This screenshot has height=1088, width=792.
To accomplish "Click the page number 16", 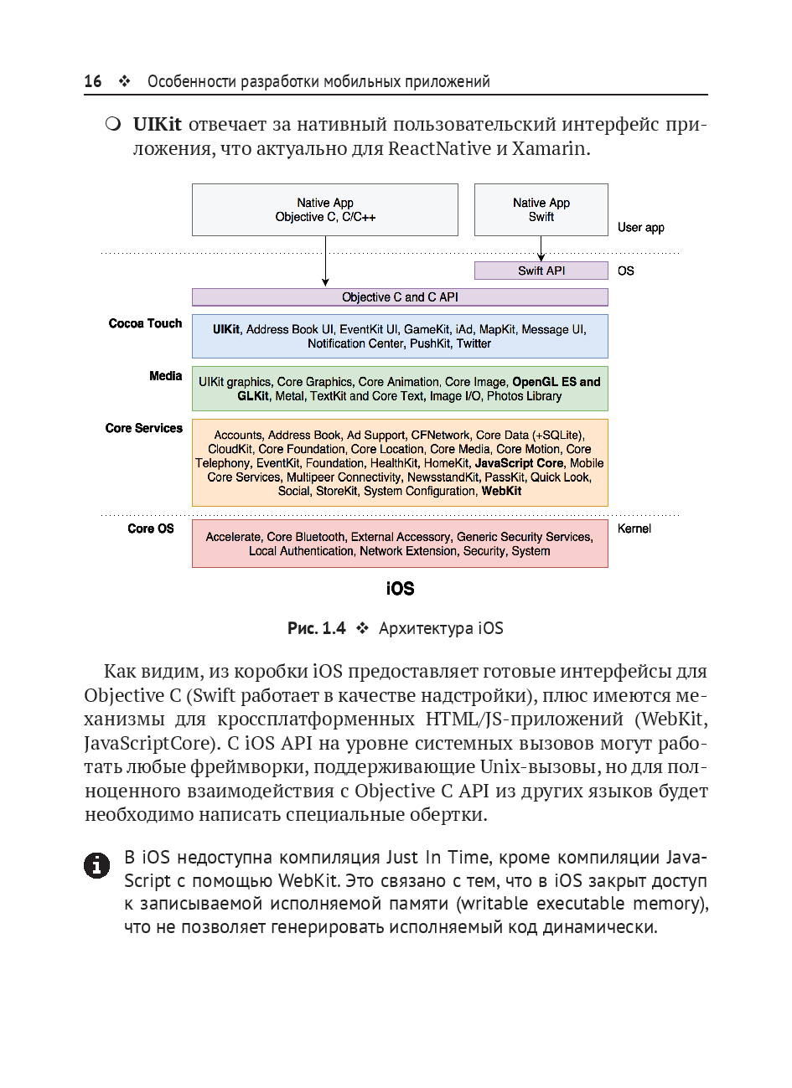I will (93, 81).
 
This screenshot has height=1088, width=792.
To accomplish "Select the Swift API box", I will (541, 271).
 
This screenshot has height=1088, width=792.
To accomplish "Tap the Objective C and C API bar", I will (400, 297).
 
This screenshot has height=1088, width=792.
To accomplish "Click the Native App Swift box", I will (541, 209).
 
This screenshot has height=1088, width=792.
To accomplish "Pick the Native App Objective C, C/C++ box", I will (325, 209).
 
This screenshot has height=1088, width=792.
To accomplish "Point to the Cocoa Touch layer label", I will (145, 323).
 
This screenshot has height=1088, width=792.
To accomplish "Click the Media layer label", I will (165, 376).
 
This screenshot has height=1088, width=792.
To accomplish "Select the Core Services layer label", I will (143, 428).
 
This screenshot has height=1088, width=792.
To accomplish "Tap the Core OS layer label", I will (151, 529).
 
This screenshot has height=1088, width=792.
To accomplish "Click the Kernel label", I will (634, 529).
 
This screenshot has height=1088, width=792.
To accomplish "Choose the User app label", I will (640, 228).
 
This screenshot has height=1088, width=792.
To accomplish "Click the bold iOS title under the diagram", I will (400, 589).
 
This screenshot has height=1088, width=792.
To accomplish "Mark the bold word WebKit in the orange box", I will (501, 491).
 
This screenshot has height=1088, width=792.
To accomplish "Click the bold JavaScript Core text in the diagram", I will (519, 462).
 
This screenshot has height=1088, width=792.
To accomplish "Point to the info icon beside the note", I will (97, 865).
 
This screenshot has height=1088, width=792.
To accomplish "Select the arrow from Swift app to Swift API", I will (541, 249).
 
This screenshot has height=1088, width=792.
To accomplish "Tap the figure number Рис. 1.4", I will (316, 628).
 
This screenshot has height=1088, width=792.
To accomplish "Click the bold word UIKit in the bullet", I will (157, 125).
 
